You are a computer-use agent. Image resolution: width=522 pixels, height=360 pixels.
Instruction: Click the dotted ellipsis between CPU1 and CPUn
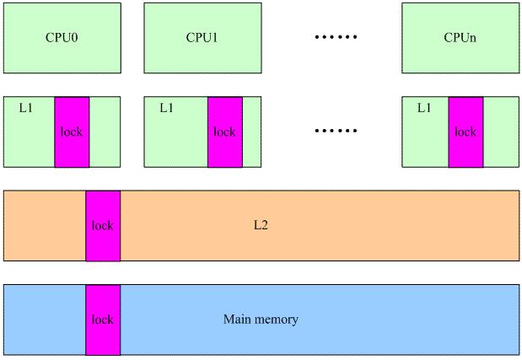[x=336, y=38]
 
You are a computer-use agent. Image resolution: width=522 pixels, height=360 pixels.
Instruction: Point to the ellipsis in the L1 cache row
[x=336, y=132]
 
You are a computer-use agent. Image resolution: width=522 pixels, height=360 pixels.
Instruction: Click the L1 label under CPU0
[x=25, y=109]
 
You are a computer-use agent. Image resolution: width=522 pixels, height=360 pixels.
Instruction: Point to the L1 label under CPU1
[x=166, y=109]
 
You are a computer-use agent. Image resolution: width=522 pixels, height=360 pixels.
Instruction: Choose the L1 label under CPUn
[x=424, y=109]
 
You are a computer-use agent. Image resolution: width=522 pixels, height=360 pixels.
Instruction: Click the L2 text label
[x=261, y=226]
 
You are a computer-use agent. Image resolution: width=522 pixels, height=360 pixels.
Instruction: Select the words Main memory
[x=261, y=320]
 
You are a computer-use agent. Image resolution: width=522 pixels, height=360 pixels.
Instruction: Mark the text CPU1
[x=202, y=38]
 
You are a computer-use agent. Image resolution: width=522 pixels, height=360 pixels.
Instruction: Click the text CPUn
[x=460, y=38]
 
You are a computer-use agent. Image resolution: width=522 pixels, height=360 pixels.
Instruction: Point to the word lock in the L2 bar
[x=103, y=226]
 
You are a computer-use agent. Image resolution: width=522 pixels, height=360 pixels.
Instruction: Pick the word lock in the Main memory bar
[x=103, y=320]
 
